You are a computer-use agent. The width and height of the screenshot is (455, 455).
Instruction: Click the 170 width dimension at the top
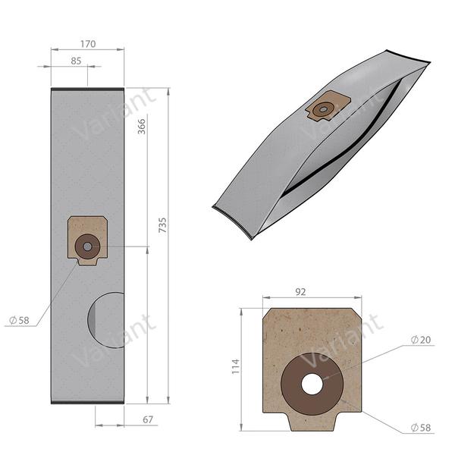point(88,44)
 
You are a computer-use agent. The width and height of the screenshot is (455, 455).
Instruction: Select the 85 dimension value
point(76,61)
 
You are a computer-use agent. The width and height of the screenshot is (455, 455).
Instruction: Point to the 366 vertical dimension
point(141,127)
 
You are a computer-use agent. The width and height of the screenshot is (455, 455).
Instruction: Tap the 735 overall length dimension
point(163,224)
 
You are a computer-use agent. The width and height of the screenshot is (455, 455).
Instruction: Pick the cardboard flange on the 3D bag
point(328,106)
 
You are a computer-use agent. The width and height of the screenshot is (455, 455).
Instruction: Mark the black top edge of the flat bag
point(87,89)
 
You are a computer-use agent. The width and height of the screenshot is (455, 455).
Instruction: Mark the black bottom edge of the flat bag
point(87,402)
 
